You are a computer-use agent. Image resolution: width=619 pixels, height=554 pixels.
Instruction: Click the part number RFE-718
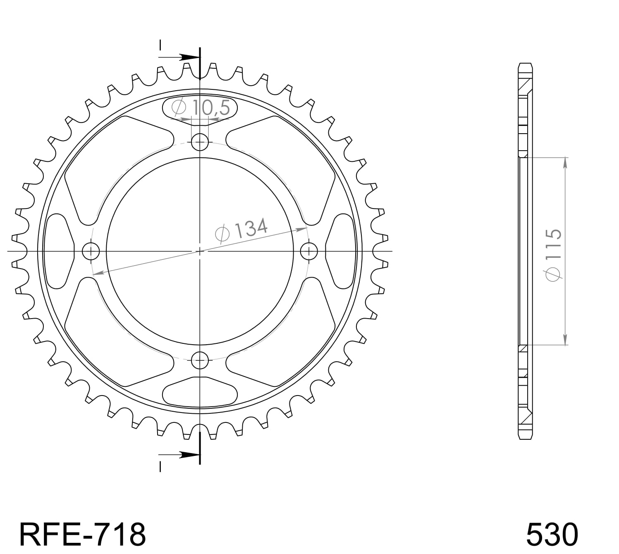pos(83,534)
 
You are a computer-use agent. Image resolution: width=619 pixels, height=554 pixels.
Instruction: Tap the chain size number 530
pos(552,534)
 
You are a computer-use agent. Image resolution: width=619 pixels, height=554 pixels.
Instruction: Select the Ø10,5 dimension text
pos(200,108)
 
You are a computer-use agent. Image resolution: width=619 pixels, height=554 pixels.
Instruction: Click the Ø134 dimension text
pos(242,230)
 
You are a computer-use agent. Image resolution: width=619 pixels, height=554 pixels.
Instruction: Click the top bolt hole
pos(200,143)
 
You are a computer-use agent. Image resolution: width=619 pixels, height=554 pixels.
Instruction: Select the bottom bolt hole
pos(200,359)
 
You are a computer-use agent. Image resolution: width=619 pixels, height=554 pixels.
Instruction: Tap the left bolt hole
pos(91,251)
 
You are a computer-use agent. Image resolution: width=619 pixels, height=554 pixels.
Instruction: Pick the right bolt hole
pos(308,251)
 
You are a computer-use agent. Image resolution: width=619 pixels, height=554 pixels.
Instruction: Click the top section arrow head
pos(190,57)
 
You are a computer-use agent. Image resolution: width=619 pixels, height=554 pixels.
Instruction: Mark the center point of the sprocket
pos(200,251)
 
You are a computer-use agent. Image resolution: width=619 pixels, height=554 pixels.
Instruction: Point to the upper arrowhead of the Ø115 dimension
pos(565,163)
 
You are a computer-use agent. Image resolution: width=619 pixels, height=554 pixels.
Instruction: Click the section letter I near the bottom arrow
pos(160,466)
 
